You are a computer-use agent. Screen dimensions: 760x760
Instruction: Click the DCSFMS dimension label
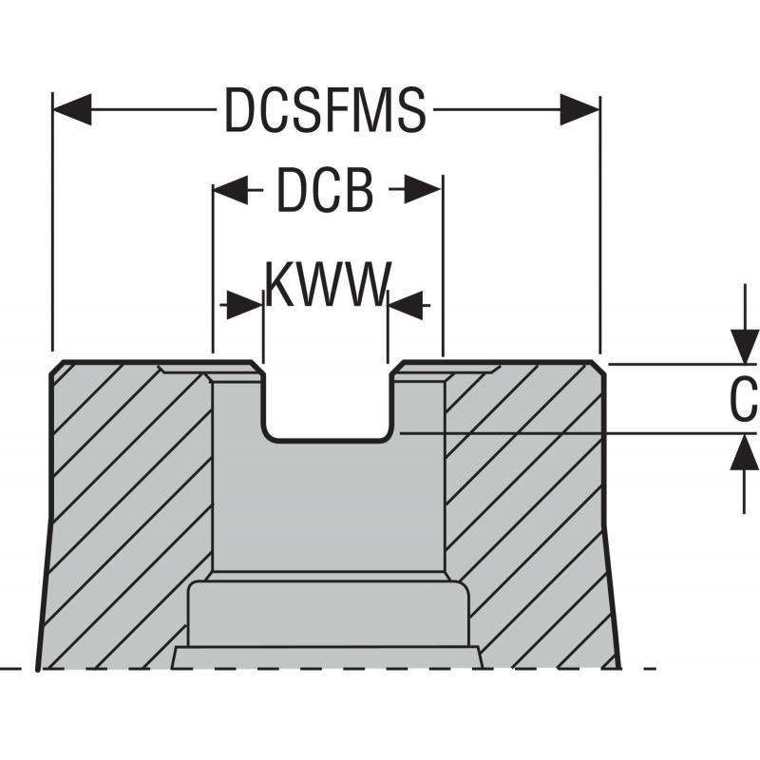pos(325,111)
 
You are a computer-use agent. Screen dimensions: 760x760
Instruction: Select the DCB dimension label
pos(325,191)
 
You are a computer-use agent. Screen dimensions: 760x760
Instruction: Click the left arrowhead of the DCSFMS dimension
pos(72,110)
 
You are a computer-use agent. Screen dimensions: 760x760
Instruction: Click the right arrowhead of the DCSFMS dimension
pos(579,110)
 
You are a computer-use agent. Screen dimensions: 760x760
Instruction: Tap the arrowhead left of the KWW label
pos(244,306)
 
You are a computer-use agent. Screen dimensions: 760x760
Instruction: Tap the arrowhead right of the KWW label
pos(406,306)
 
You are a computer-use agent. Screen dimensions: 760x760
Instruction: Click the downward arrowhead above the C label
pos(744,346)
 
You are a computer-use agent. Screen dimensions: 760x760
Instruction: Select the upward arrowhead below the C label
pos(744,452)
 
